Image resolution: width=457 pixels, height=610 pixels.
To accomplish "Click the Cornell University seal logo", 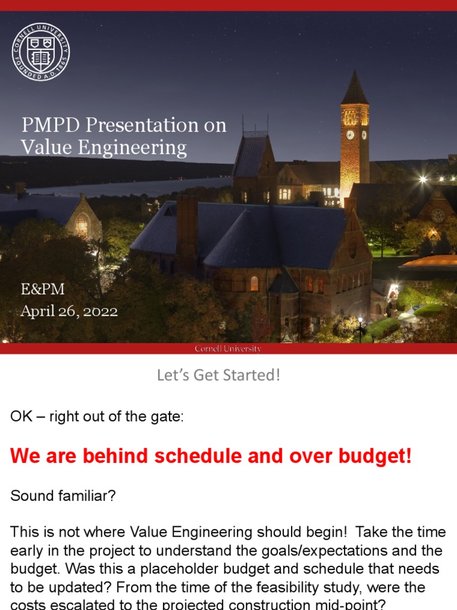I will (40, 52).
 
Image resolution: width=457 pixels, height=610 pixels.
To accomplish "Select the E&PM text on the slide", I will (42, 290).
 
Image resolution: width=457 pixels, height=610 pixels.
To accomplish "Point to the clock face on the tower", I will (350, 135).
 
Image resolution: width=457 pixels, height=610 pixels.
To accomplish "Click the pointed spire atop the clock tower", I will (355, 87).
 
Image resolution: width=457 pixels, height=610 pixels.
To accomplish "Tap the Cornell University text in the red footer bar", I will (228, 348).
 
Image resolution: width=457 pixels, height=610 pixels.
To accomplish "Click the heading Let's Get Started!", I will (218, 375).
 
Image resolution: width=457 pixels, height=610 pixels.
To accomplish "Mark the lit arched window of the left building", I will (82, 225).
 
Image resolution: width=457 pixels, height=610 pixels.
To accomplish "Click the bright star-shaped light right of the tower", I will (422, 179).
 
